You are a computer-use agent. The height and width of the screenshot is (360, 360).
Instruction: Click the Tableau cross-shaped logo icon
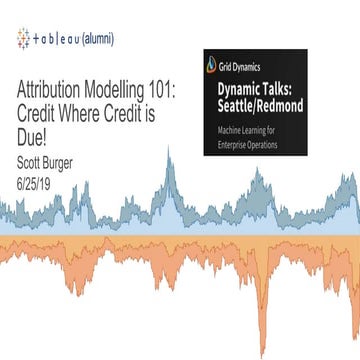tap(22, 39)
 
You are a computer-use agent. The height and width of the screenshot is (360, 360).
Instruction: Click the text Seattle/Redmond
tap(275, 107)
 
